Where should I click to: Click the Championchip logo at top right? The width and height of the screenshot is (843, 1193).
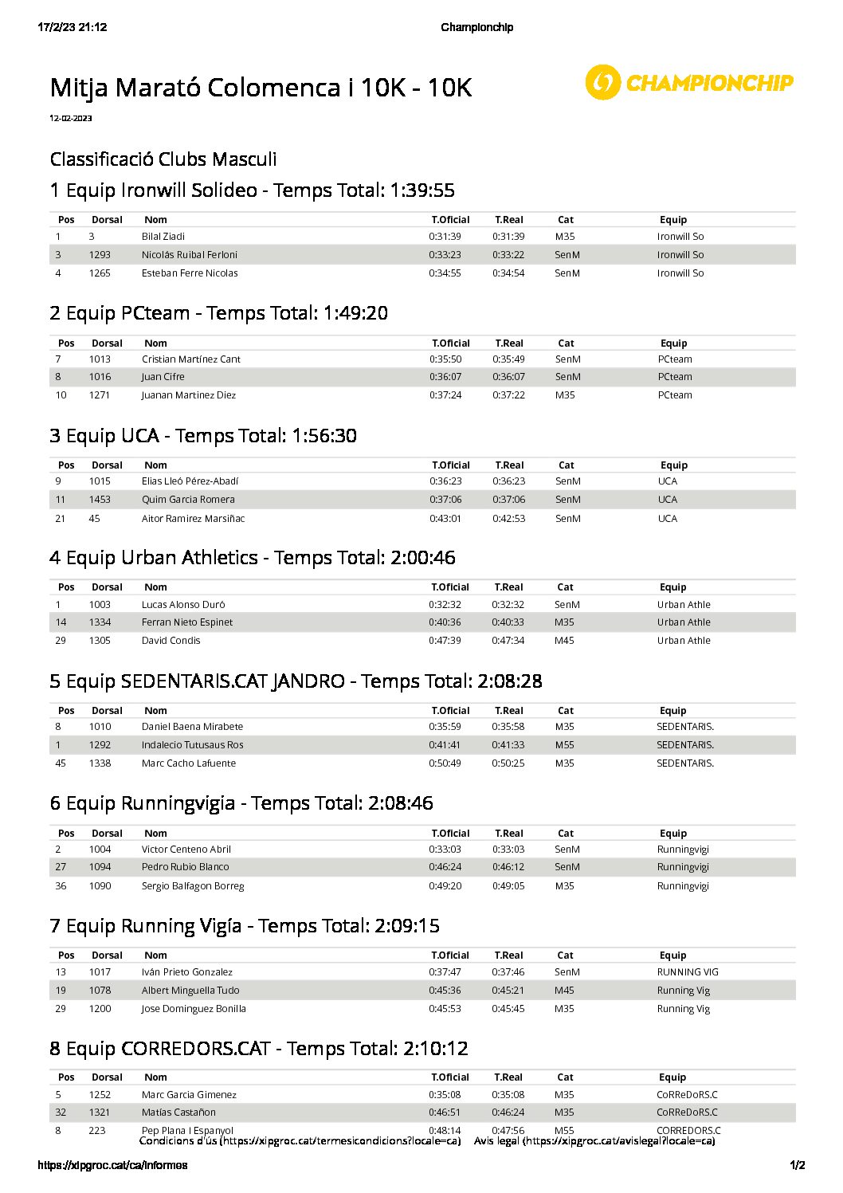tap(689, 82)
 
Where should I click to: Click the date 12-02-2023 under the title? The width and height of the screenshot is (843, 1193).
tap(71, 118)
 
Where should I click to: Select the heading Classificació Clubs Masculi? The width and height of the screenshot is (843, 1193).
tap(163, 159)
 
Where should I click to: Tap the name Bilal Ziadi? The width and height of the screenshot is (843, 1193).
tap(163, 237)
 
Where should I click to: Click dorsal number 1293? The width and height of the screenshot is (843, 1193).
tap(100, 255)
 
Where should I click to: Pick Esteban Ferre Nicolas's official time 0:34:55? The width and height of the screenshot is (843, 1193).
tap(445, 273)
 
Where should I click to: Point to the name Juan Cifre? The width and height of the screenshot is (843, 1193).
tap(163, 377)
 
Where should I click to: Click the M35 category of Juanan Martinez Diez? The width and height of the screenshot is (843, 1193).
tap(565, 395)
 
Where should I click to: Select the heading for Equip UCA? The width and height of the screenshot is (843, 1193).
tap(203, 436)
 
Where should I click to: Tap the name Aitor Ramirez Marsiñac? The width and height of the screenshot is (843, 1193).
tap(193, 519)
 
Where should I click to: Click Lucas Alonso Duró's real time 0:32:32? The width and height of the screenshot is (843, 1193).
tap(508, 605)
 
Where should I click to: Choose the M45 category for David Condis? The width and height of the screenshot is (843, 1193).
tap(564, 641)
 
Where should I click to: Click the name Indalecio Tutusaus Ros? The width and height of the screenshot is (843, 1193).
tap(192, 745)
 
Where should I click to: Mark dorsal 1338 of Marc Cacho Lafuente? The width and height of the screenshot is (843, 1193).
tap(100, 763)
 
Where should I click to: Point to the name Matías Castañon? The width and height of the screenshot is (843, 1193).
tap(178, 1113)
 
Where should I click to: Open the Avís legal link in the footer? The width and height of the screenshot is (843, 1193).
tap(594, 1141)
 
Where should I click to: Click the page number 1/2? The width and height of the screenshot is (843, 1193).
tap(797, 1165)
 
